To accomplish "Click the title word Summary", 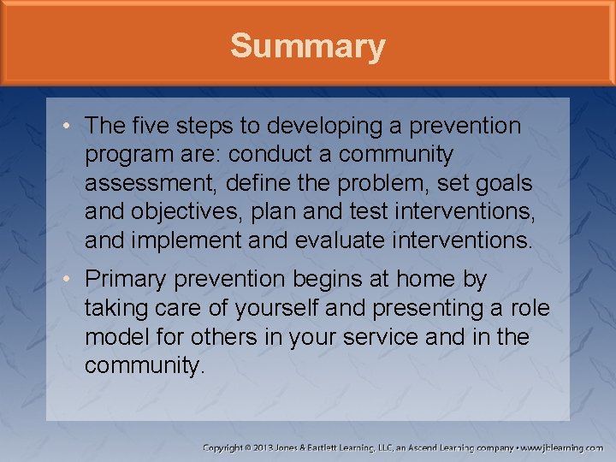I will coord(307,46).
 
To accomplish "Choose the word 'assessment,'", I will coord(143,184).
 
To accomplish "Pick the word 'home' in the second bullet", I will coord(429,280).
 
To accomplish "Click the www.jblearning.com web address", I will coord(563,447).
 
